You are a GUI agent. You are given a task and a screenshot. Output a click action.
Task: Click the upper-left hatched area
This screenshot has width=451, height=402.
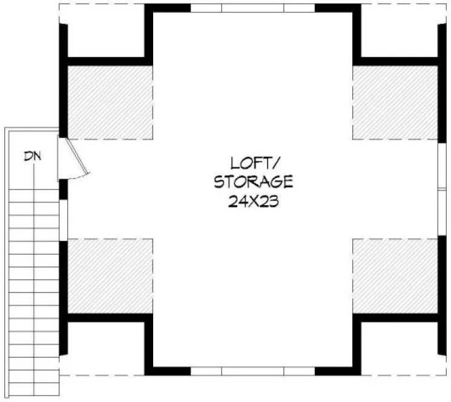pos(108,101)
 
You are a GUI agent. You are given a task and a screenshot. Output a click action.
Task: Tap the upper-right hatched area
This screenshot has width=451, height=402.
pos(395,101)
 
